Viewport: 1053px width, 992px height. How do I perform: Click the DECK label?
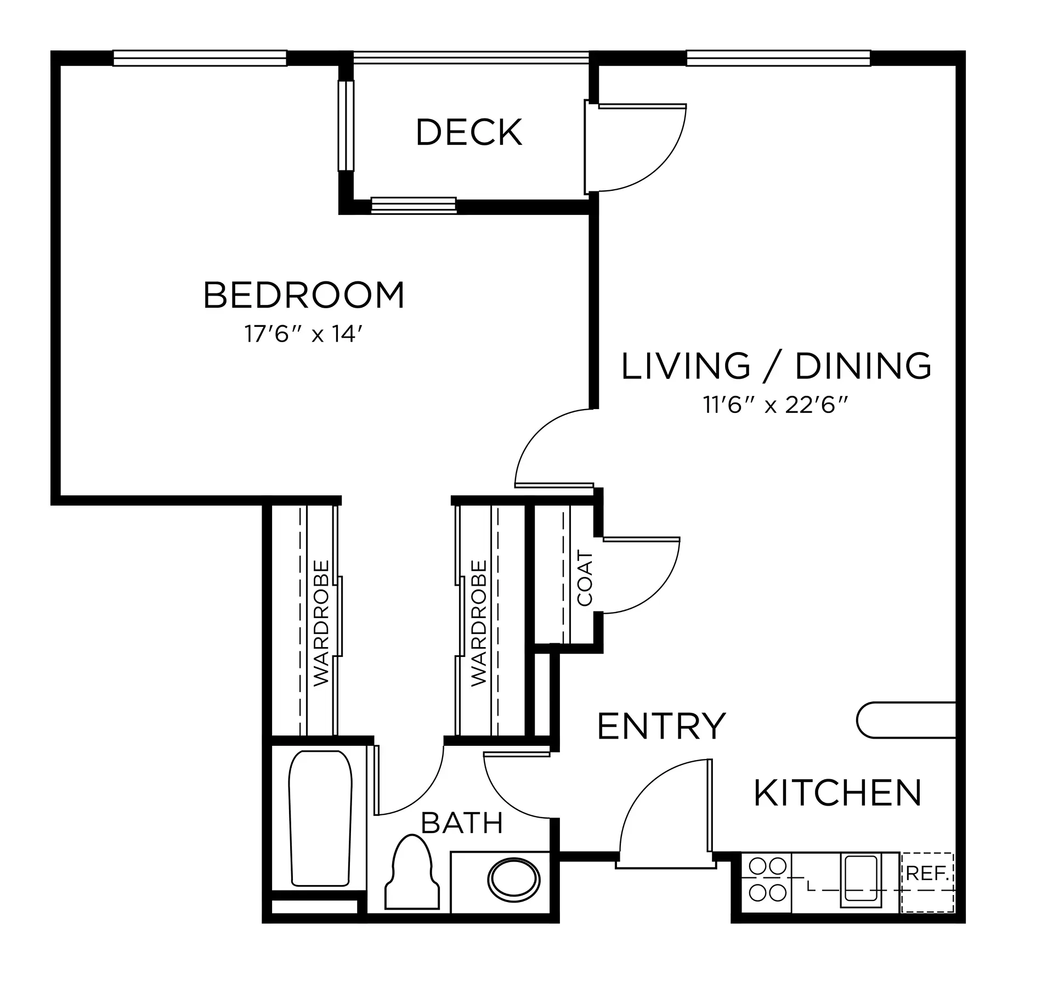tap(469, 132)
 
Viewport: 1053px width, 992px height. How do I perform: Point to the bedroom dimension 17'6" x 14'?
tap(304, 333)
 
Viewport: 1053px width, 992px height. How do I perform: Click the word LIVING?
tap(686, 366)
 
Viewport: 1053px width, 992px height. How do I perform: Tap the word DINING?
tap(863, 366)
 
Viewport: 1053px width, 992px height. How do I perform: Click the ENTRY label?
tap(661, 726)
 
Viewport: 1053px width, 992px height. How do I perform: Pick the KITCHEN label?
tap(837, 793)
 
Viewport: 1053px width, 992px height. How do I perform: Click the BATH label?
tap(462, 823)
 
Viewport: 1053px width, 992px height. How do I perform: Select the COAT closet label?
tap(585, 579)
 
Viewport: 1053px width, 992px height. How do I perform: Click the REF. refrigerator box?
tap(928, 882)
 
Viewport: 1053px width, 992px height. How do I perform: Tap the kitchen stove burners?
tap(767, 882)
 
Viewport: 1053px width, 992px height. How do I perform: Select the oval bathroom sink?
tap(514, 880)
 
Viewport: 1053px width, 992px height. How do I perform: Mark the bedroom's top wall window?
tap(200, 58)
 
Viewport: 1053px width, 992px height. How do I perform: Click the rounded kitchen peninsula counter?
tap(905, 719)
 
